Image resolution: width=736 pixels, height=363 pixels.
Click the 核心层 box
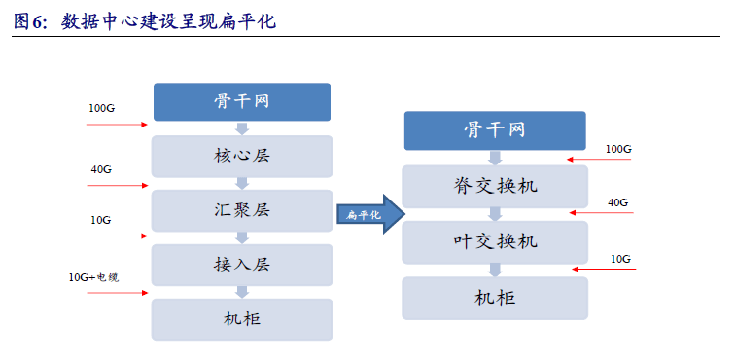tap(241, 156)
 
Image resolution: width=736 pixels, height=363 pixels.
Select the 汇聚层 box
tap(241, 209)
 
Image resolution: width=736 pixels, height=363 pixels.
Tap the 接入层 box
tap(241, 264)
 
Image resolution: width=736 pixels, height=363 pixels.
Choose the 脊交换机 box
tap(495, 186)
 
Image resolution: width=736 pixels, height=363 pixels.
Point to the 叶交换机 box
tap(495, 241)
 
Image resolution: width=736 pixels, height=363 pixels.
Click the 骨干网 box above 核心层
tap(241, 102)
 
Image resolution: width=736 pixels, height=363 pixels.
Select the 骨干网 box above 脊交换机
tap(495, 130)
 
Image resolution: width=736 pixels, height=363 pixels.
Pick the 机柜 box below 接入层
tap(241, 318)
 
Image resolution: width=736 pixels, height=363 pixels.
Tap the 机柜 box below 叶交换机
tap(495, 297)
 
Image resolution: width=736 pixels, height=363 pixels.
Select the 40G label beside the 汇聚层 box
tap(101, 169)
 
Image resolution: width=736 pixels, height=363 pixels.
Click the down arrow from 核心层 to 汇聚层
tap(242, 182)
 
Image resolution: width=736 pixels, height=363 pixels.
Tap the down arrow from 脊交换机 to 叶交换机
tap(495, 214)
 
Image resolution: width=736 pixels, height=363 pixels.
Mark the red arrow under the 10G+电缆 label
tap(115, 291)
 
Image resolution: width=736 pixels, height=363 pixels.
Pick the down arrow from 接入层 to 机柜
tap(242, 291)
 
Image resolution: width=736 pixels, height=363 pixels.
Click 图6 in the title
tap(30, 21)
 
